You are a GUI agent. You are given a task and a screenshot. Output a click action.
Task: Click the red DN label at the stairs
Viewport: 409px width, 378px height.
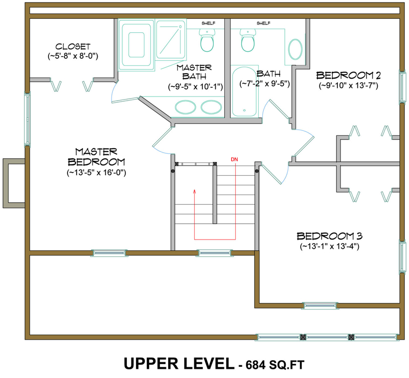tap(235, 159)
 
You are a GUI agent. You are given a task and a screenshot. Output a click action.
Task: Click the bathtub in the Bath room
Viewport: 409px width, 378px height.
tap(246, 92)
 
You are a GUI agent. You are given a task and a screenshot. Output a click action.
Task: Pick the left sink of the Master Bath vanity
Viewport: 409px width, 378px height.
tap(184, 107)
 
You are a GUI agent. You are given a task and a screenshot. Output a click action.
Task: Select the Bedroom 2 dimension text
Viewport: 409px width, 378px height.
tap(348, 86)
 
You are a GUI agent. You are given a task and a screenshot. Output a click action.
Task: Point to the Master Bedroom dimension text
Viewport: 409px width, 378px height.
tap(96, 173)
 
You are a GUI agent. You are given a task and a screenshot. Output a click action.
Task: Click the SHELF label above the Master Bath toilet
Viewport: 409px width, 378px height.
tap(207, 23)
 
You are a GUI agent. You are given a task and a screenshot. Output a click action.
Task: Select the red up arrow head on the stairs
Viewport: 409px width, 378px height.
tap(194, 192)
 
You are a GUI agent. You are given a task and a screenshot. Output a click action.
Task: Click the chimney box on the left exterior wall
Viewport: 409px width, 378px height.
tap(14, 183)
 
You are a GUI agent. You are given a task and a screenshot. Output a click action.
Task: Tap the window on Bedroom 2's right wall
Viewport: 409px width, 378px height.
tap(401, 86)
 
